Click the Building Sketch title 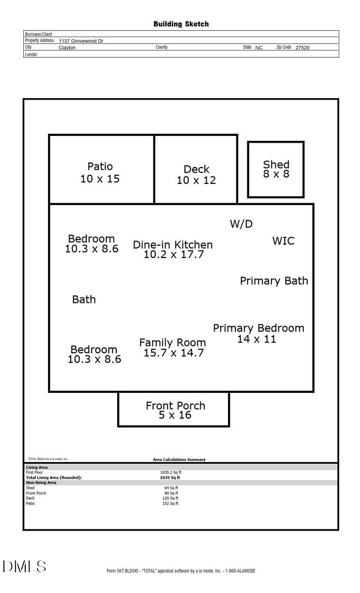(x=181, y=24)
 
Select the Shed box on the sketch (x=275, y=169)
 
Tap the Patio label (x=100, y=167)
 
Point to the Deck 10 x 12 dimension (x=196, y=180)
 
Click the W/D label (x=241, y=224)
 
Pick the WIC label (x=283, y=241)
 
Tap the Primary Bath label (x=274, y=281)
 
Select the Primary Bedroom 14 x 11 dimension (x=257, y=339)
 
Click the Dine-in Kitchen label (x=173, y=245)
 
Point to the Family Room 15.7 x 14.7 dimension (x=174, y=353)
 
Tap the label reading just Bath (x=84, y=299)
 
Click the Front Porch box (x=174, y=410)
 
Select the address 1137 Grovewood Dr (x=81, y=41)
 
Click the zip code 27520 (x=303, y=48)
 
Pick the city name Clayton (x=67, y=48)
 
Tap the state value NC (x=259, y=48)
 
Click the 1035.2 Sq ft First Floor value (x=171, y=472)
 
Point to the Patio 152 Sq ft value (x=171, y=504)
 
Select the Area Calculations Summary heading (x=179, y=460)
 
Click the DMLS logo (x=24, y=566)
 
